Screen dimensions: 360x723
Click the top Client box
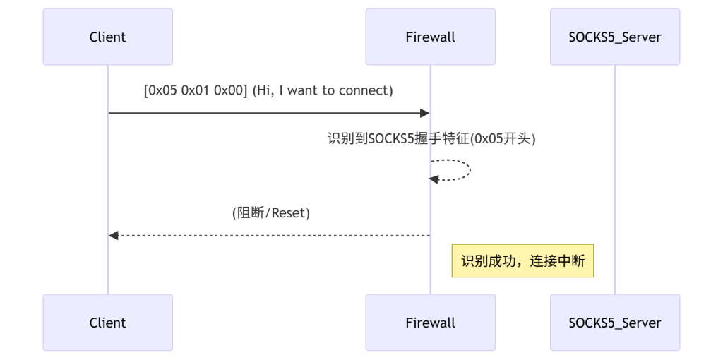107,37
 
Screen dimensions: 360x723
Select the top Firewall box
430,37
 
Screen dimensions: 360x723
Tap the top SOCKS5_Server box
614,37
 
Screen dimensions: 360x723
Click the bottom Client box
107,323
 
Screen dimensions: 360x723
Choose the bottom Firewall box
430,323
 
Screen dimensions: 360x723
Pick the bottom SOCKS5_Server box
614,323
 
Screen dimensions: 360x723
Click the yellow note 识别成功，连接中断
522,261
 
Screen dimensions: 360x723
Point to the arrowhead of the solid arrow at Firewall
425,113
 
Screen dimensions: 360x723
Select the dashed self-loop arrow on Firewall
466,169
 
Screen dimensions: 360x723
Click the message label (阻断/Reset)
271,213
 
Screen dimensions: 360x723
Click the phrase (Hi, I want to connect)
322,91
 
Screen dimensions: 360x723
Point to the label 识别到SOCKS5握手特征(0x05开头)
431,139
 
